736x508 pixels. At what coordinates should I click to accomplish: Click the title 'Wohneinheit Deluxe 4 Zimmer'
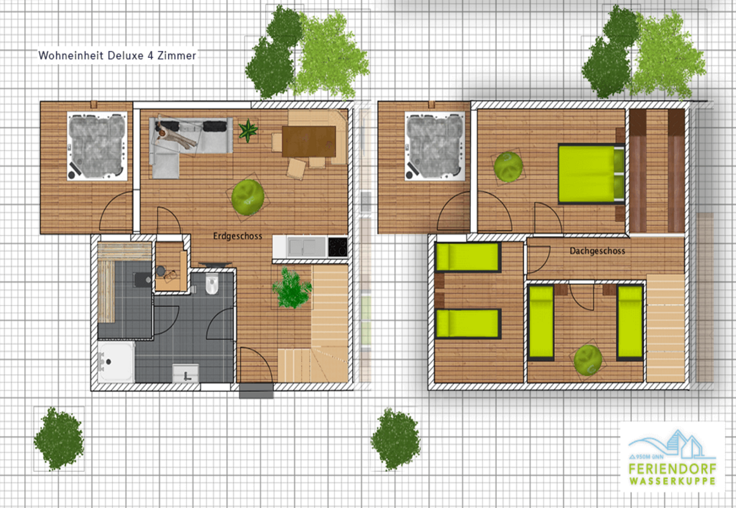coord(117,55)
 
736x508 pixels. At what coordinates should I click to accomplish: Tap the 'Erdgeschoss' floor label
coord(237,236)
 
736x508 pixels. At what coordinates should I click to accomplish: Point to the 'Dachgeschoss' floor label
coord(598,251)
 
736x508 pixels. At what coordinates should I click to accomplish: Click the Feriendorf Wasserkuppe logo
coord(672,457)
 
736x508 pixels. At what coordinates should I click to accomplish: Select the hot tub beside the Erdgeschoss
coord(97,146)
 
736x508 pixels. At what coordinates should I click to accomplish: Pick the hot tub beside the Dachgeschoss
coord(435,146)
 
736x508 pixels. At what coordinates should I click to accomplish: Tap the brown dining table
coord(309,142)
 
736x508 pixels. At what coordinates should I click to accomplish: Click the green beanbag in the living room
coord(247,197)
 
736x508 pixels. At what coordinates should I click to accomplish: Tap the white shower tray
coord(116,361)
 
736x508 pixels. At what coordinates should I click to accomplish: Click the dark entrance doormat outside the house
coord(256,391)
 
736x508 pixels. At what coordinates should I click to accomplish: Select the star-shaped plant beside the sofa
coord(248,130)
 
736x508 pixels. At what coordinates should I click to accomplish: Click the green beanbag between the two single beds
coord(588,360)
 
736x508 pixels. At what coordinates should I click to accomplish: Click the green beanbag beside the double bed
coord(508,166)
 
